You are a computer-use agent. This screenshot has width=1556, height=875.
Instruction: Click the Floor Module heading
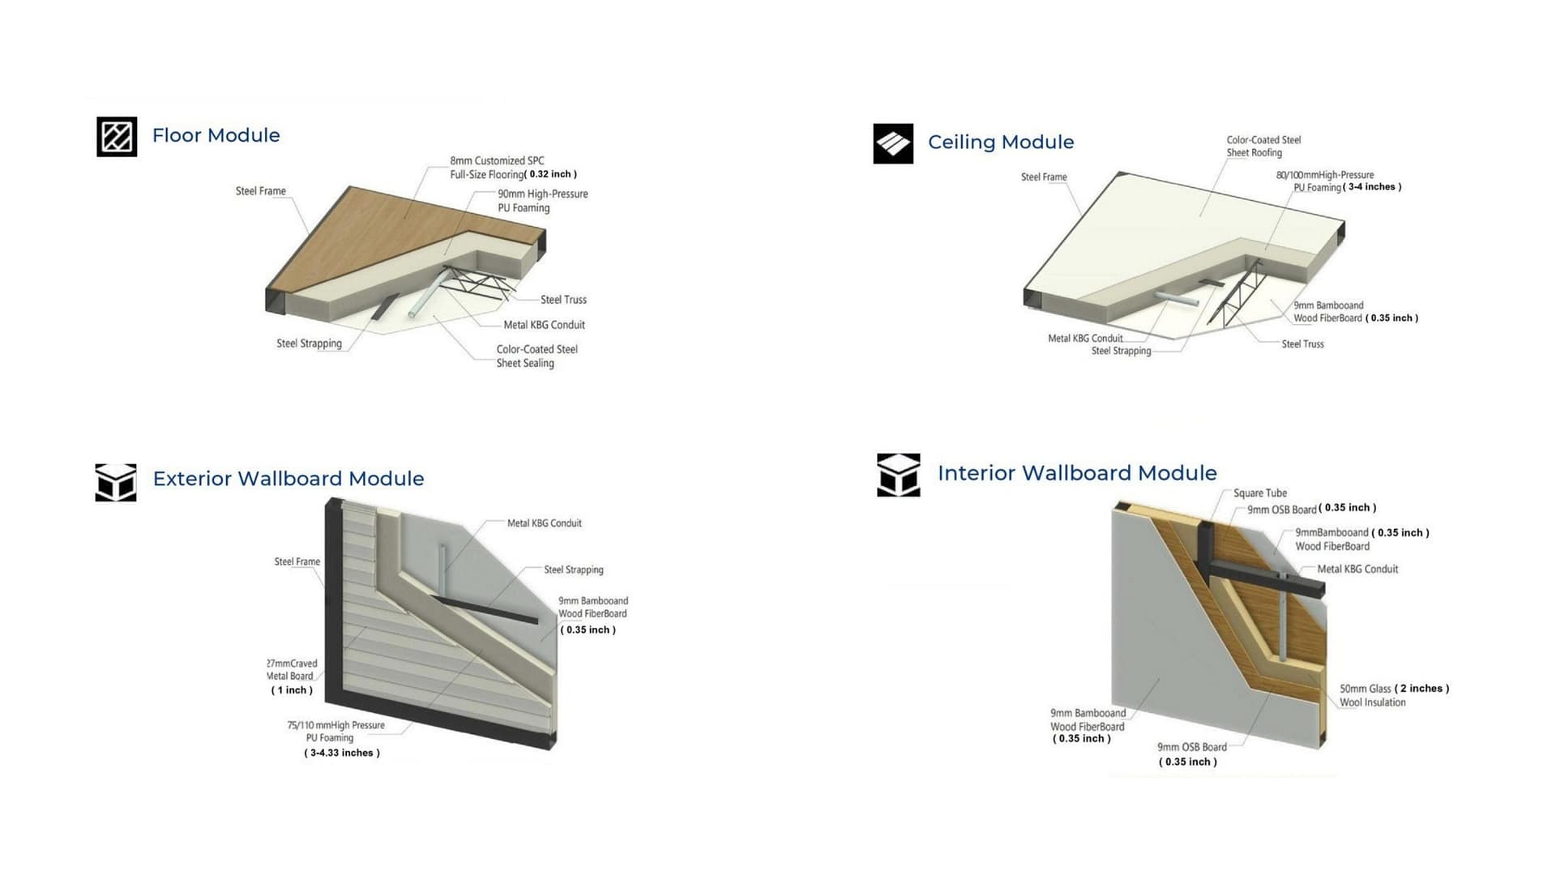216,135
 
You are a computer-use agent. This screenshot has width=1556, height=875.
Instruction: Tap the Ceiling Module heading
1001,143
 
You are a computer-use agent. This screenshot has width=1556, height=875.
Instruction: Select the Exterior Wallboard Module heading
288,479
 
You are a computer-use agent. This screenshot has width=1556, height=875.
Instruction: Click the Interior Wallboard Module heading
1077,473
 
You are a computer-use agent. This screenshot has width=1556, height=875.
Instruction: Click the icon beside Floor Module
117,136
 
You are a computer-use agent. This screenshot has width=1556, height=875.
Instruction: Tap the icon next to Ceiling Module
893,143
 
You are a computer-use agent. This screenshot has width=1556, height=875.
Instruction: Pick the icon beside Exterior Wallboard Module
116,483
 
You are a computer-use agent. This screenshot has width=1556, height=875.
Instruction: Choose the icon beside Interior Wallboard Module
898,475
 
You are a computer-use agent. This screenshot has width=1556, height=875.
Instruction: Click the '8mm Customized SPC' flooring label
497,161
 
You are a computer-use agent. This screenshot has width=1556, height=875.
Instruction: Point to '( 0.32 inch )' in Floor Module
552,174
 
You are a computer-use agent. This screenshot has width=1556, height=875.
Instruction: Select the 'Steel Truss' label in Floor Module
563,300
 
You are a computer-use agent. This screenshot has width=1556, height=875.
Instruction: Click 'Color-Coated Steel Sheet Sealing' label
536,356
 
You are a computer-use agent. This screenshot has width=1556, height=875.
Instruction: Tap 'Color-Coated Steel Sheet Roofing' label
1263,147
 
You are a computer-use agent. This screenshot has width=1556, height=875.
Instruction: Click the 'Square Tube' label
1259,493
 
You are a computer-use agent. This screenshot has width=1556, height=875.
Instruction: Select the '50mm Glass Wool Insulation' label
1372,696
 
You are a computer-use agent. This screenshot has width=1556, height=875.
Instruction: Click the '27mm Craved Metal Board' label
292,670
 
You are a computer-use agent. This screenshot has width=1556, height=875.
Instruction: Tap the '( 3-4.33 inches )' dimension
342,753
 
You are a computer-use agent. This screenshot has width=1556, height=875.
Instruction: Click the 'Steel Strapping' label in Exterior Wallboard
573,570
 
